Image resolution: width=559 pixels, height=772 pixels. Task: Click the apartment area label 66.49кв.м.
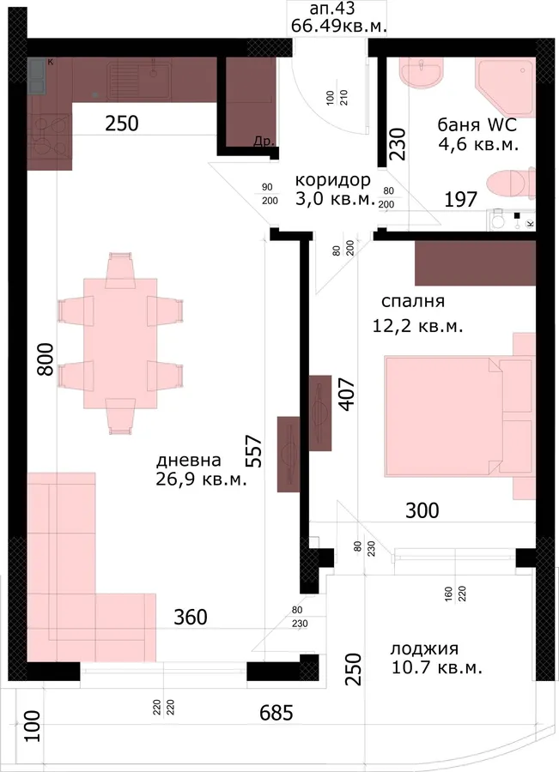pos(338,25)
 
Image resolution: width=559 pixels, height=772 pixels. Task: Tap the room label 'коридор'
pos(333,180)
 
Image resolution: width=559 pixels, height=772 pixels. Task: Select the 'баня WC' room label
pos(477,124)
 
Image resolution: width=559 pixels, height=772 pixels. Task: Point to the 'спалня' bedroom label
pos(413,301)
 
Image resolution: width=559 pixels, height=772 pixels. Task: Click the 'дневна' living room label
pos(189,461)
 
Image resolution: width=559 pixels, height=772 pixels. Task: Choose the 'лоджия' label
pos(424,649)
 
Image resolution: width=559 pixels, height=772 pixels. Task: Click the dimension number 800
pos(46,359)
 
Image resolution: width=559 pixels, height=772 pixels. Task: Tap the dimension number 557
pos(254,450)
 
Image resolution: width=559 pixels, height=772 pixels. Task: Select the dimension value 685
pos(276,713)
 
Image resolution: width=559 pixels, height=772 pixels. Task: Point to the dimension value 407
pos(347,395)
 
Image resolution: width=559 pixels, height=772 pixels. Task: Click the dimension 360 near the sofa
pos(191,617)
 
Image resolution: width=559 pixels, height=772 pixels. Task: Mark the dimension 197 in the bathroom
pos(461,199)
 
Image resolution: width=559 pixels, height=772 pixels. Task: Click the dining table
pos(120,343)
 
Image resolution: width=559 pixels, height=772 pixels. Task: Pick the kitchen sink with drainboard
pos(139,79)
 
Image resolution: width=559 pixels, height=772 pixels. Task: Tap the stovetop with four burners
pos(49,136)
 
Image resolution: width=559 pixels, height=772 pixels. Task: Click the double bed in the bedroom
pos(459,417)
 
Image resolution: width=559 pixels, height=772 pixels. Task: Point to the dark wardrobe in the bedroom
pos(475,263)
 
